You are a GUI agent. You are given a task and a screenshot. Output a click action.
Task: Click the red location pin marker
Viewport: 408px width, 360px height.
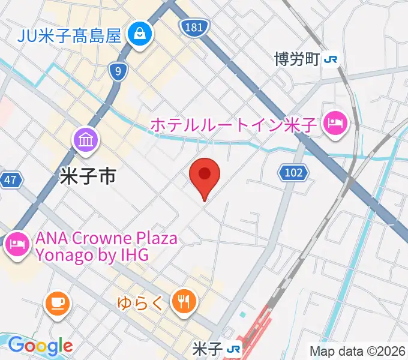(x=204, y=176)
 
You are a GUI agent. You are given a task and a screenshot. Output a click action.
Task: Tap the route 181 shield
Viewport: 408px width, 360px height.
(x=194, y=27)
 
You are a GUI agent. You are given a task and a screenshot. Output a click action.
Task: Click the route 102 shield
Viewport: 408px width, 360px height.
(x=293, y=173)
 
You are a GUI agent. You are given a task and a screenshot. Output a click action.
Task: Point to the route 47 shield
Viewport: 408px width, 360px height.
(x=10, y=179)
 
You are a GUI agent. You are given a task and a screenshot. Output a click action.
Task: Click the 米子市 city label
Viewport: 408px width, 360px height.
(x=88, y=176)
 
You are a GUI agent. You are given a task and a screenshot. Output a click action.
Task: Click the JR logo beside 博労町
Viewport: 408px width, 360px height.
(x=330, y=59)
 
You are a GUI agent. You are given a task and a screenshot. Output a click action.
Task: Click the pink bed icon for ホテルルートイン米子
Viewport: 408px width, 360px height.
(x=334, y=124)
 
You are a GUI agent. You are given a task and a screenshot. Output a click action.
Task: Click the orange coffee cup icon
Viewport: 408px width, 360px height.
(x=57, y=302)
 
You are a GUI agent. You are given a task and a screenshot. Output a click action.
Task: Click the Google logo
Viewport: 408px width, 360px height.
(x=40, y=346)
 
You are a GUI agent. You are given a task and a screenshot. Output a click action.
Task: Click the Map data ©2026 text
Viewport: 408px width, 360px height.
(x=358, y=350)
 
